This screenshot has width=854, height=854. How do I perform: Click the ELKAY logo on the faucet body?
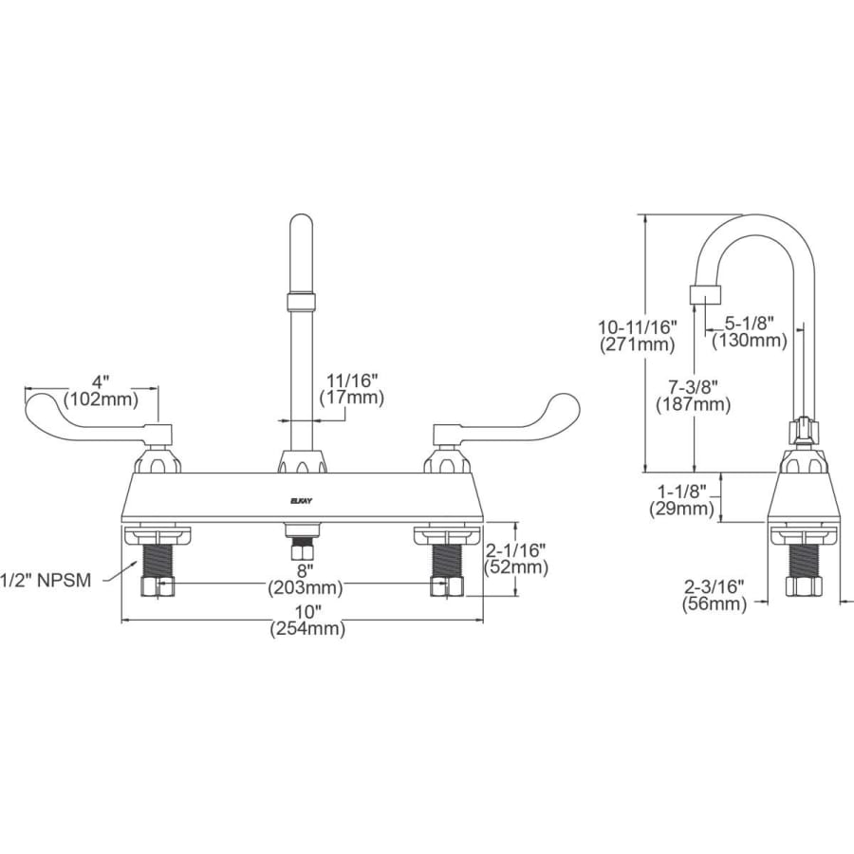click(301, 496)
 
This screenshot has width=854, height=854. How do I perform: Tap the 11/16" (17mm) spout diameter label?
click(352, 389)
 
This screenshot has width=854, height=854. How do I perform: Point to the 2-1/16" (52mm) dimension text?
click(516, 559)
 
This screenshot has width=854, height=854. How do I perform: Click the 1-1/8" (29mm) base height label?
click(682, 500)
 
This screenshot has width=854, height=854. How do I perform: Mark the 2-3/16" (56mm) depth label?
click(712, 595)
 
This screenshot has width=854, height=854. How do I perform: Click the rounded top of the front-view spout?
click(302, 228)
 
